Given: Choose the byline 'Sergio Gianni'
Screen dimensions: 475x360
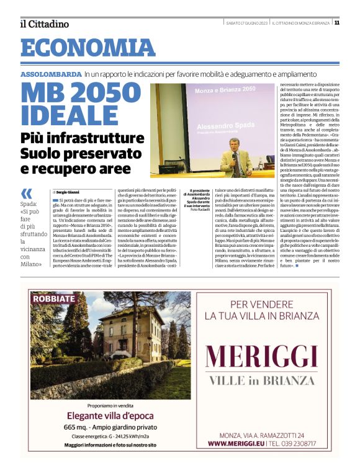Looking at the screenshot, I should coord(70,193).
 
